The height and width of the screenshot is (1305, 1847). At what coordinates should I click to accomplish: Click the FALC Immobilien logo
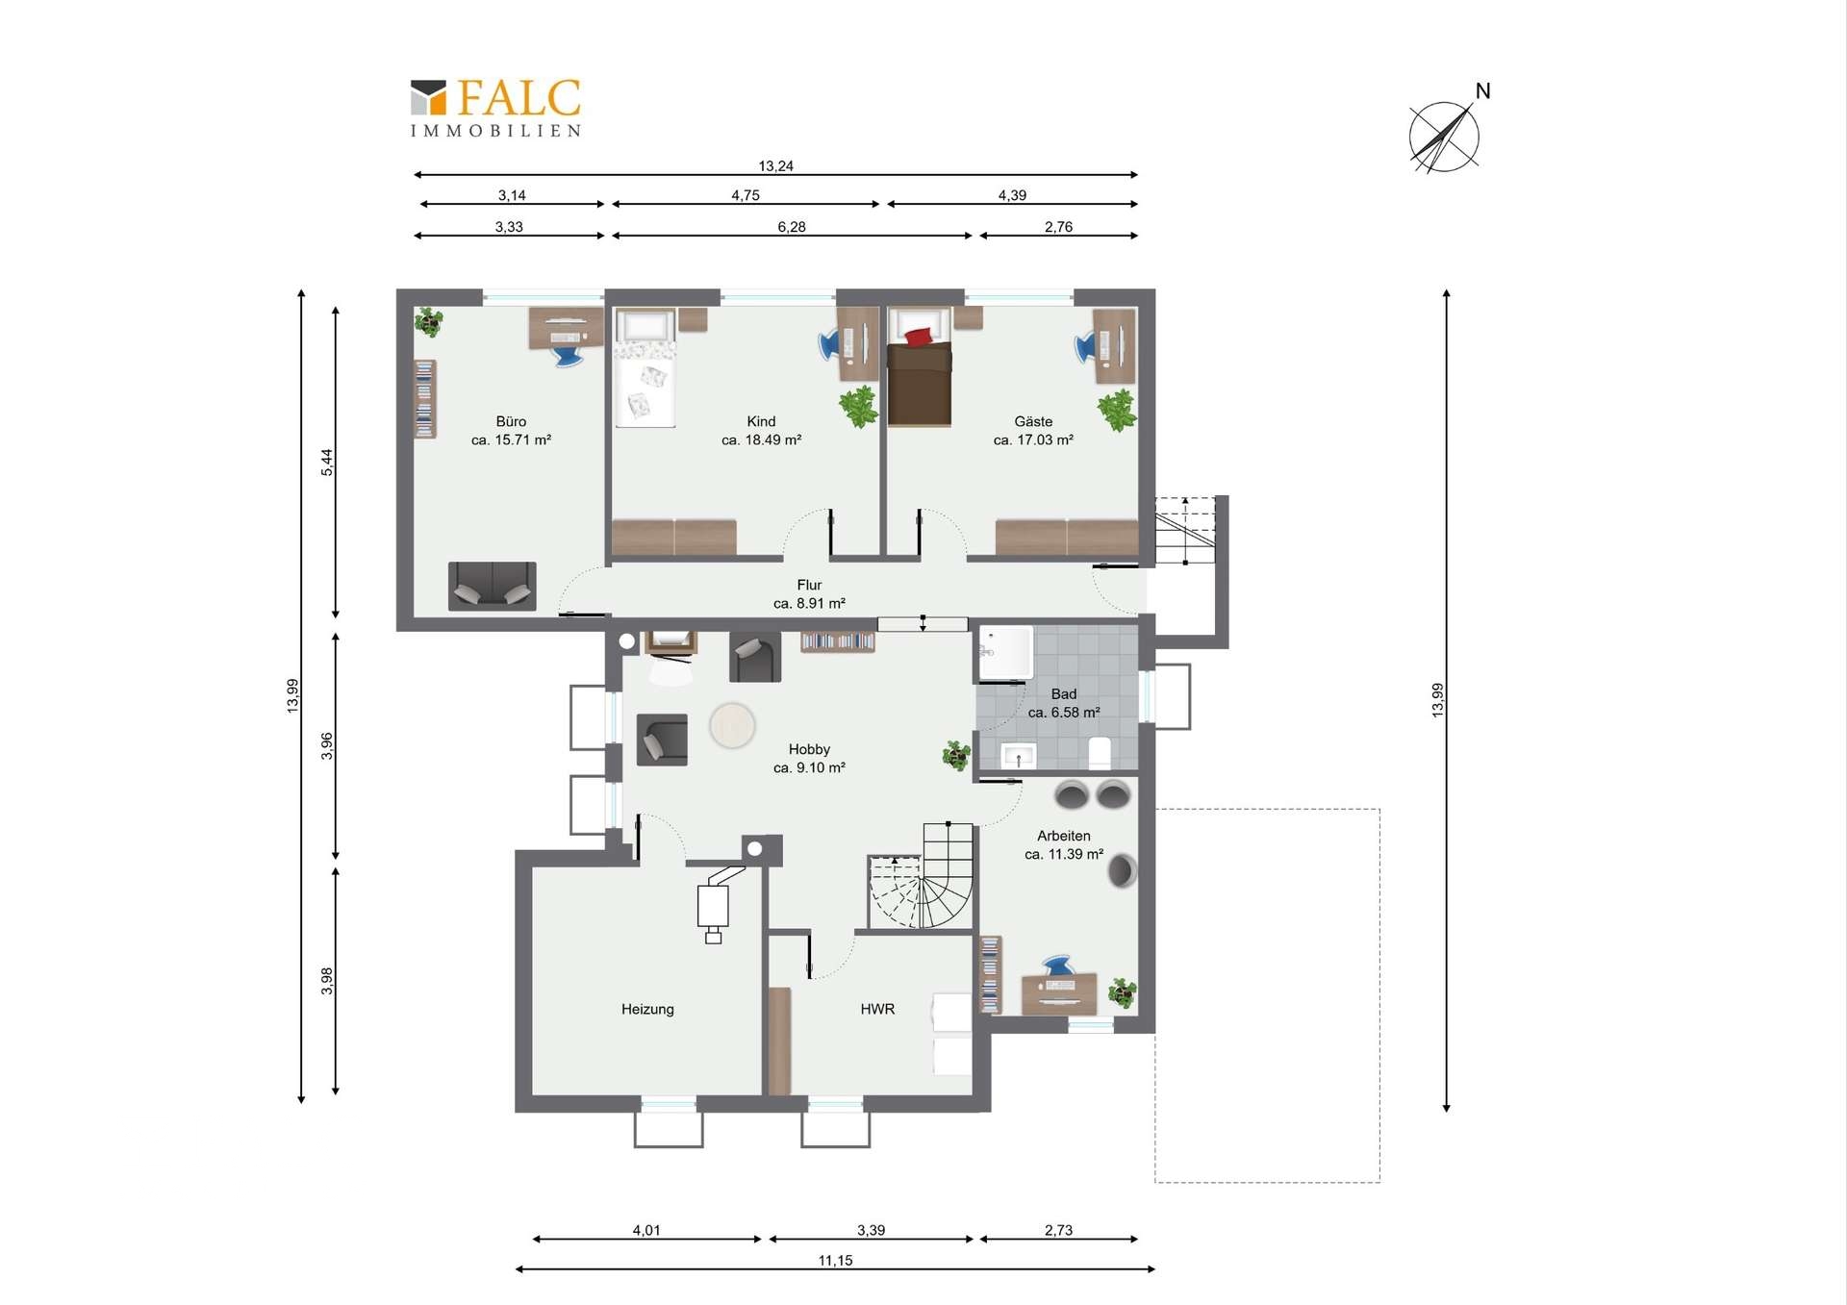pos(495,108)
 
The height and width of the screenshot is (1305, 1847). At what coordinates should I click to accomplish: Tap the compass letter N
pos(1482,91)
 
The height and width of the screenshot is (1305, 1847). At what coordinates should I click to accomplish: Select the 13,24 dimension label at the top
pos(775,165)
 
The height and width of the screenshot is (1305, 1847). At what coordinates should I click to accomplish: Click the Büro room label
pos(511,421)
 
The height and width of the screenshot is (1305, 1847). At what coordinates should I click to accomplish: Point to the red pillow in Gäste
pos(918,336)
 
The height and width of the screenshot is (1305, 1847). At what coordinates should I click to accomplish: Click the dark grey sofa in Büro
pos(492,586)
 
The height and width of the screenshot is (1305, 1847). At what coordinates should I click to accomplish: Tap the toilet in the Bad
pos(1100,752)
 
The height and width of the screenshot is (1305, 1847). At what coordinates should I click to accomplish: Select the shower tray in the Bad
pos(1005,654)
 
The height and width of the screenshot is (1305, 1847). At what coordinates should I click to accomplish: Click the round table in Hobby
pos(732,726)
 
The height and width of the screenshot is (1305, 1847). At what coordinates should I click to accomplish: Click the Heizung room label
pos(647,1009)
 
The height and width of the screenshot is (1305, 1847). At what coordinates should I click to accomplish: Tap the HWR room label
pos(877,1009)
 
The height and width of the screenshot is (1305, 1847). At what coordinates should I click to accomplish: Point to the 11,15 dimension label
pos(835,1260)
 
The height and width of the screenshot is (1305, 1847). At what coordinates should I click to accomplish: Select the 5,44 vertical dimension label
pos(327,463)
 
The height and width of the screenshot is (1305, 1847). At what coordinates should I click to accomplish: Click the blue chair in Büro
pos(568,356)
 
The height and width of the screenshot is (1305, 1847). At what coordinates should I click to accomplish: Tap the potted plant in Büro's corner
pos(428,321)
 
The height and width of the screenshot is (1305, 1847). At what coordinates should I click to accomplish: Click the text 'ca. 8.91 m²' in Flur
pos(809,603)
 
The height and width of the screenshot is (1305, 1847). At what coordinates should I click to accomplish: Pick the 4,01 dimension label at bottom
pos(646,1230)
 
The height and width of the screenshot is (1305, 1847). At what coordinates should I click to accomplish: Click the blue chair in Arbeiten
pos(1056,966)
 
